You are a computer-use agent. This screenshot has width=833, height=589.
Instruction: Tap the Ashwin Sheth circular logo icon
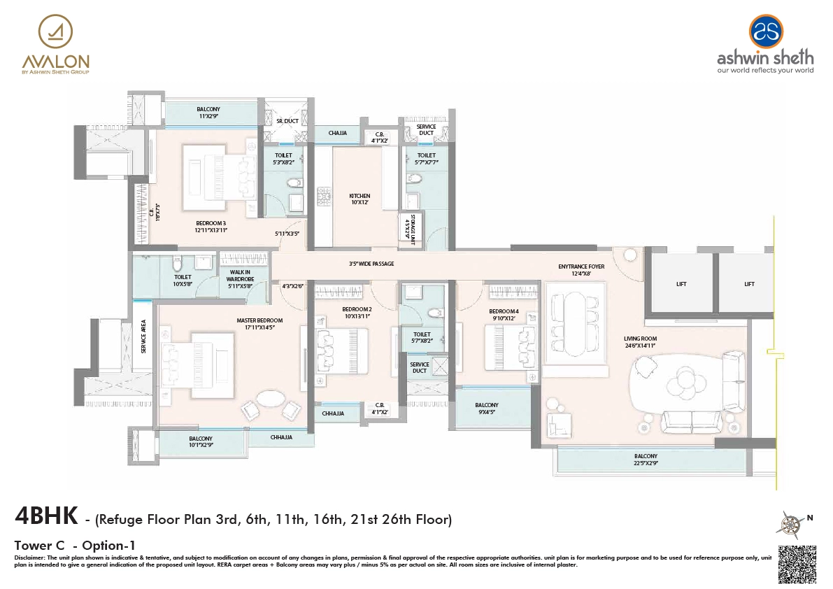767,31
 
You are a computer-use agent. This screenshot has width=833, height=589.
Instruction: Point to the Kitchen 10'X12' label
359,199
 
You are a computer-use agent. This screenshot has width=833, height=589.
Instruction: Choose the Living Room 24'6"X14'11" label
641,342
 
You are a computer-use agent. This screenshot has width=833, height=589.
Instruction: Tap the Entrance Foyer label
581,270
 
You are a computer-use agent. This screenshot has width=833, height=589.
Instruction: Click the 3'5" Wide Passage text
371,264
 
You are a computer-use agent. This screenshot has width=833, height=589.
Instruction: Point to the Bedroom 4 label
504,314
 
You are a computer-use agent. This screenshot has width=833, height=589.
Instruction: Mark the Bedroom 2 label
356,312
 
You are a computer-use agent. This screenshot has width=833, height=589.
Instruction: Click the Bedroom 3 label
211,226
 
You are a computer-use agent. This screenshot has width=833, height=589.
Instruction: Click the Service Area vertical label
143,336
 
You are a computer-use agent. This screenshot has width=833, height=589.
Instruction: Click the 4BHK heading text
43,518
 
